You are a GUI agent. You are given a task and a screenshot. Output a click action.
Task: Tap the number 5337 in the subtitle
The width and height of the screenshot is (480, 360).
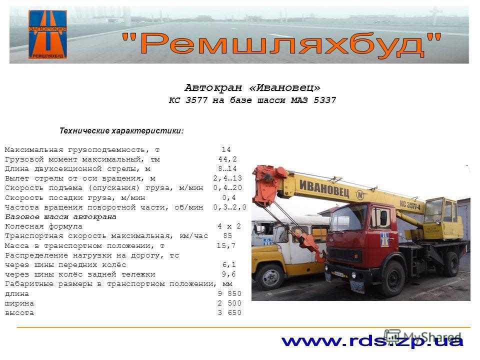tap(323, 100)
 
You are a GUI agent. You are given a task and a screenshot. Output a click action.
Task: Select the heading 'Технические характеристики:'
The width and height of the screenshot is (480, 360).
tap(121, 130)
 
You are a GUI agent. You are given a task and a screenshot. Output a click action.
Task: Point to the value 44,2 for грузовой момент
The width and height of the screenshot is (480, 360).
tap(227, 159)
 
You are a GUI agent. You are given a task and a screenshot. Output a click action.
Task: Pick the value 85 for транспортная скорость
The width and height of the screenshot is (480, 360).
tap(227, 235)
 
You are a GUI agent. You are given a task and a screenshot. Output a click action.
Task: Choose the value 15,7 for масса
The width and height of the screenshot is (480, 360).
tap(226, 245)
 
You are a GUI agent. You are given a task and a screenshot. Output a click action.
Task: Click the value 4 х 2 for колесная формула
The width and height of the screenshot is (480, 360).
tap(229, 226)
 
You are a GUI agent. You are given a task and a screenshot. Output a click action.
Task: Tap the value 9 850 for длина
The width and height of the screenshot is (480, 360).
tap(229, 293)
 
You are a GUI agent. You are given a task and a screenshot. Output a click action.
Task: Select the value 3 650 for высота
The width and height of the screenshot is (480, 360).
tap(229, 313)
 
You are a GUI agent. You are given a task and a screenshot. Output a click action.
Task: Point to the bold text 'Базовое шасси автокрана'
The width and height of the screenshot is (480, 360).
tap(60, 216)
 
